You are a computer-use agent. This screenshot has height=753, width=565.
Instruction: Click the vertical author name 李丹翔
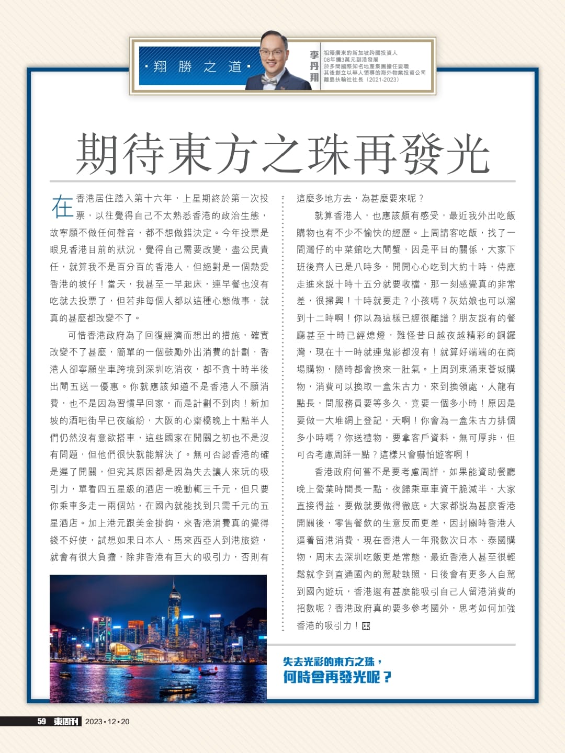click(314, 66)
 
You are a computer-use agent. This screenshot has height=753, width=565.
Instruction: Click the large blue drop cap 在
click(62, 207)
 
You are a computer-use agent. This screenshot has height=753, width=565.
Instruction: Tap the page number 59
click(42, 722)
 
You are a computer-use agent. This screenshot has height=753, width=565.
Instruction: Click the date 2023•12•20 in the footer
click(107, 722)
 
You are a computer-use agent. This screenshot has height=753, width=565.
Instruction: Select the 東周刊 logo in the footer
click(67, 722)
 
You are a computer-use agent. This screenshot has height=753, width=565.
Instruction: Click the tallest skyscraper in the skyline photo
click(174, 612)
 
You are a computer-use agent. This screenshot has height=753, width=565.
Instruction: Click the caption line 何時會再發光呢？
click(337, 677)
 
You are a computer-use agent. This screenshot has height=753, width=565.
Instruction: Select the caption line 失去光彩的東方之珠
click(332, 661)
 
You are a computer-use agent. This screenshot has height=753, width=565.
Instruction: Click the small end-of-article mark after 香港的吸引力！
click(366, 626)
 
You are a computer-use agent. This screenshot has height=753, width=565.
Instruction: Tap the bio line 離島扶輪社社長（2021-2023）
click(361, 79)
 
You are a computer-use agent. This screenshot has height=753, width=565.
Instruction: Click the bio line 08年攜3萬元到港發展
click(351, 60)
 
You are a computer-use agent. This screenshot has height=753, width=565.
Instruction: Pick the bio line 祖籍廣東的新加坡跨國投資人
click(360, 53)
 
